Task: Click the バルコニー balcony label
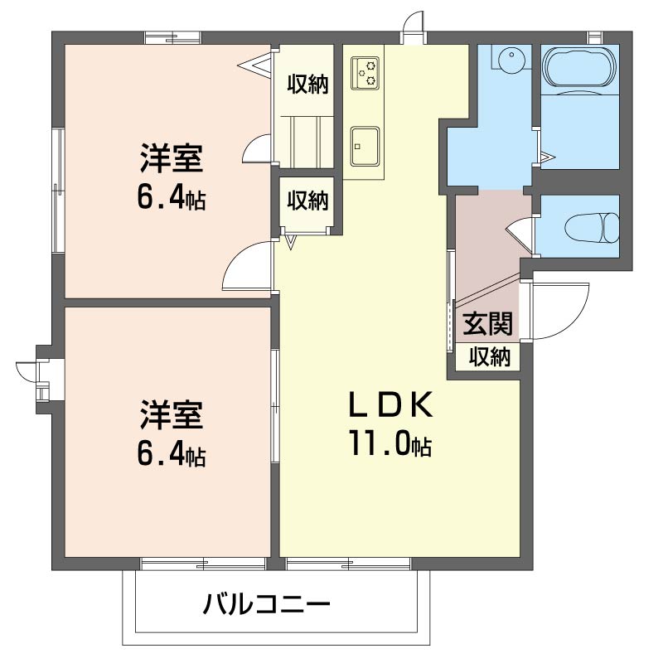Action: (x=267, y=603)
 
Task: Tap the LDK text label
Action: (x=390, y=405)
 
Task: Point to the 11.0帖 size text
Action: (x=390, y=445)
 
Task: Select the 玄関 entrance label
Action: (x=486, y=323)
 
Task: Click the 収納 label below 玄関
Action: (x=490, y=357)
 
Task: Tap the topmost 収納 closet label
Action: (x=307, y=84)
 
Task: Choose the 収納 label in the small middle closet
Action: (x=307, y=200)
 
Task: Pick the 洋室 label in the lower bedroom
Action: (x=172, y=414)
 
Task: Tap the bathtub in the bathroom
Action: (x=579, y=68)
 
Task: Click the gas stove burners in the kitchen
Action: (x=365, y=72)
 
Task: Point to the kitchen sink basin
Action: (x=365, y=145)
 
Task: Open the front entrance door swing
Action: (x=559, y=311)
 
